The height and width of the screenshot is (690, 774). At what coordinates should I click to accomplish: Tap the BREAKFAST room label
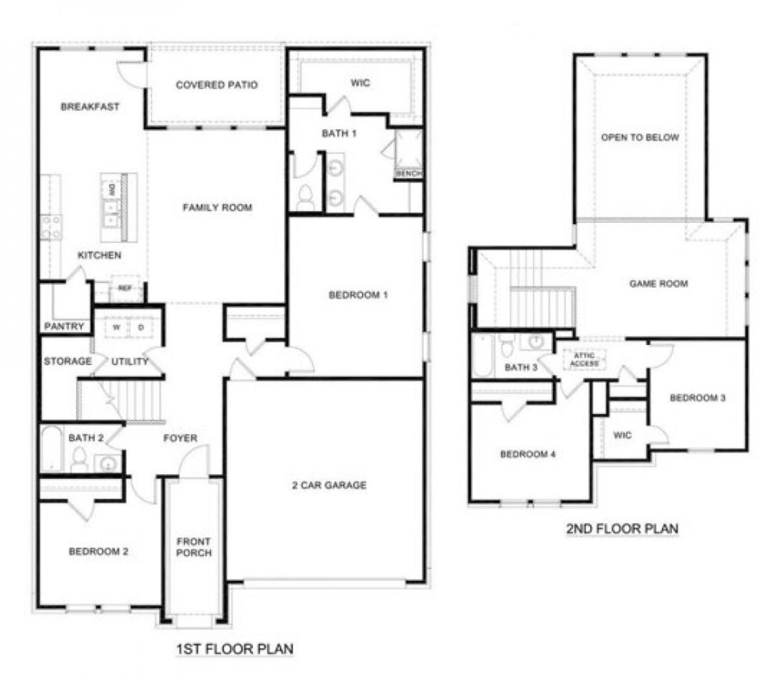click(90, 107)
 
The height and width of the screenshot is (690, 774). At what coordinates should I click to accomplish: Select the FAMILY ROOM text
click(217, 207)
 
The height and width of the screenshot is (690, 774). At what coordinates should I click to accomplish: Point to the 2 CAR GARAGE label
click(328, 485)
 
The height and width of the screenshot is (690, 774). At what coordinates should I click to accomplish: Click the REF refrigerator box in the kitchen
click(125, 288)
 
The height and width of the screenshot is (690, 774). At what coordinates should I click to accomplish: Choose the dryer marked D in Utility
click(141, 328)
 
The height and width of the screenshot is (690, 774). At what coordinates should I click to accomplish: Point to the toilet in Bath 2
click(79, 460)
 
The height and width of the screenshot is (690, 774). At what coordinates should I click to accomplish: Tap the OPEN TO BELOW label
click(640, 137)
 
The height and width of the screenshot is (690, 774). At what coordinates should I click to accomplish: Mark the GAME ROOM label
click(659, 284)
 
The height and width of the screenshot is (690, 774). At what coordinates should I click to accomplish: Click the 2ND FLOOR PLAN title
click(622, 529)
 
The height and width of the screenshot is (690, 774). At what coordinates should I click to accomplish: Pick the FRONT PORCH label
click(194, 547)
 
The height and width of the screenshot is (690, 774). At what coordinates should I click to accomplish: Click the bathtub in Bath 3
click(482, 355)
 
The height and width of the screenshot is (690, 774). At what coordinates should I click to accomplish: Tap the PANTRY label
click(64, 326)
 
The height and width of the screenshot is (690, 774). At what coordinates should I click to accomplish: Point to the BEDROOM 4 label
click(528, 455)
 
